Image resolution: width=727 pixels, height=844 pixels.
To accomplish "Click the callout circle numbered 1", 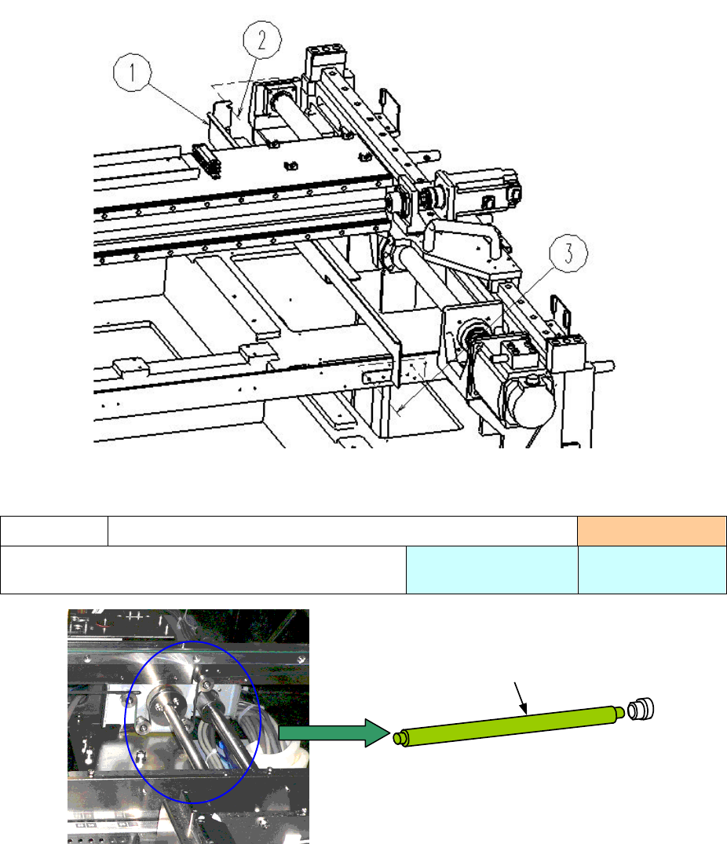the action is pyautogui.click(x=133, y=72).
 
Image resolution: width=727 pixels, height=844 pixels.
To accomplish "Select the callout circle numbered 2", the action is pyautogui.click(x=262, y=40).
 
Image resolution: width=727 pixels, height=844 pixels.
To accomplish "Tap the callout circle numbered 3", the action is pyautogui.click(x=568, y=253).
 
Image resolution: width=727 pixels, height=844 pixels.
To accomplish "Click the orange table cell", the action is pyautogui.click(x=652, y=532).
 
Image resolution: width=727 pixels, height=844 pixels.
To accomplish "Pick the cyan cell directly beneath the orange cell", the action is pyautogui.click(x=652, y=570).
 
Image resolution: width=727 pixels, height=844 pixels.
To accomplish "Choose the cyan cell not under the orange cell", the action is pyautogui.click(x=491, y=570).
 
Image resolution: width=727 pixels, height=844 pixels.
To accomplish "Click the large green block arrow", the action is pyautogui.click(x=334, y=733).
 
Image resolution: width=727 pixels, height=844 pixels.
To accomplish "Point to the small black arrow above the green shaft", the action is pyautogui.click(x=521, y=698).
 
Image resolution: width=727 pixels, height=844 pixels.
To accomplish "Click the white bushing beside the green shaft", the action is pyautogui.click(x=641, y=709).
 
